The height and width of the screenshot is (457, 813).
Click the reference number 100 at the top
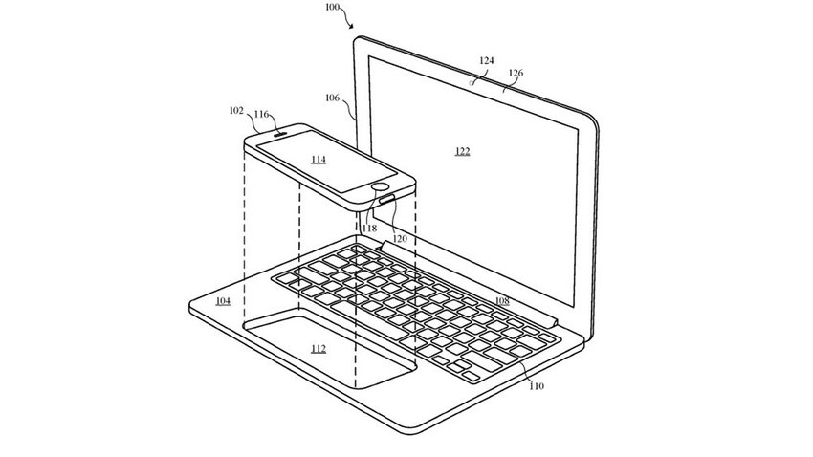333,7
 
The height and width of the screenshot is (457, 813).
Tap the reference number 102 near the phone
236,110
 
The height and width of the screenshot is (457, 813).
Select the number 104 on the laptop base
223,301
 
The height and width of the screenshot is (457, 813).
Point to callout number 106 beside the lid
332,98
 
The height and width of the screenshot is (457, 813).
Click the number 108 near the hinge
502,301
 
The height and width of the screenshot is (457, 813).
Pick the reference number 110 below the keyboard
537,386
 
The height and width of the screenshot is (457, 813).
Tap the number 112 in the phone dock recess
319,349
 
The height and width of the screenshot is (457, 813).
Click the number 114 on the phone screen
319,160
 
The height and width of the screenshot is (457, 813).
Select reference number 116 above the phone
261,114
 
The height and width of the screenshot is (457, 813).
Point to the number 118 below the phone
370,228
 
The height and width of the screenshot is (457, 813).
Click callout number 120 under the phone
400,238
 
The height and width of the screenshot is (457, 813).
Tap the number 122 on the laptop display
463,151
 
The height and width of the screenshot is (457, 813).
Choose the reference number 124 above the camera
486,60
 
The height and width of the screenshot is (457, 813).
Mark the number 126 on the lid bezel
516,73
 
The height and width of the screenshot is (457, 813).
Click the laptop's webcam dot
472,82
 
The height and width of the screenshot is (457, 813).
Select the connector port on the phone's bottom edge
387,198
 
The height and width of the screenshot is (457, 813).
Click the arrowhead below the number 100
351,26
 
